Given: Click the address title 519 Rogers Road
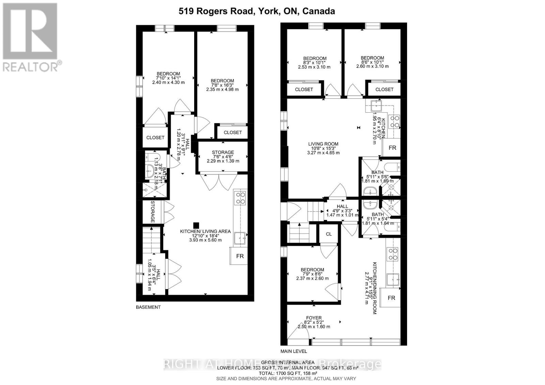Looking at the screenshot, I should [256, 11].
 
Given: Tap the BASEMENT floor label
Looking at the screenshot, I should [148, 307].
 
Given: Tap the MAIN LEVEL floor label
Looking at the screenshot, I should [294, 351].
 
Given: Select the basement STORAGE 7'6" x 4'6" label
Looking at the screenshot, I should [223, 156].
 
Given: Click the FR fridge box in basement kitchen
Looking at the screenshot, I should [240, 256].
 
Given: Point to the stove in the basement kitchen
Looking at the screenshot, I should [240, 198].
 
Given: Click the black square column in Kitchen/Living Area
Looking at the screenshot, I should [196, 225].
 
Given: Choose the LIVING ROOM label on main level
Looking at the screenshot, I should [323, 148].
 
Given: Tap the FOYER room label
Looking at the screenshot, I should [314, 322].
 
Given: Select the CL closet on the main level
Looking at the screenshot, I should [328, 234].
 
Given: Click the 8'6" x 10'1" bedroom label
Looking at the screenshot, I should [372, 62].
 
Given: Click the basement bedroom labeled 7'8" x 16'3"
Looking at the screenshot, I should [222, 85].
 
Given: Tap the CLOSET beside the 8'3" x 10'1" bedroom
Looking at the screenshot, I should [304, 89].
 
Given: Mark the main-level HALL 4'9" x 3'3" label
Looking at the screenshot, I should [342, 211].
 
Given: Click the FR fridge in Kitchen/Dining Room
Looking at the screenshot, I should [391, 298].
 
